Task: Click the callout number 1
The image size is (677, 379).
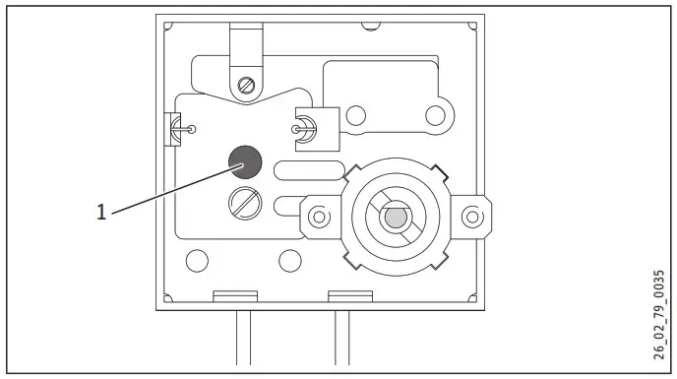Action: coord(101,211)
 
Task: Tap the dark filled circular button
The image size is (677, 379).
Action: coord(245,161)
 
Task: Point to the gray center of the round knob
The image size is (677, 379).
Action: coord(396,215)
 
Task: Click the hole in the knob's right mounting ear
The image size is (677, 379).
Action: coord(473,215)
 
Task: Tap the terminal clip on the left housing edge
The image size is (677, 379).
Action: coord(174,128)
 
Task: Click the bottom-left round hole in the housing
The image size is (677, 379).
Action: coord(197,261)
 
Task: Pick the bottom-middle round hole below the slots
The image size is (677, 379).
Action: coord(289,261)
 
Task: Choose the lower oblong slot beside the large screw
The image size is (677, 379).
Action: coord(295,206)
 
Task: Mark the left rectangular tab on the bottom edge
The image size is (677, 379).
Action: coord(235,295)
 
